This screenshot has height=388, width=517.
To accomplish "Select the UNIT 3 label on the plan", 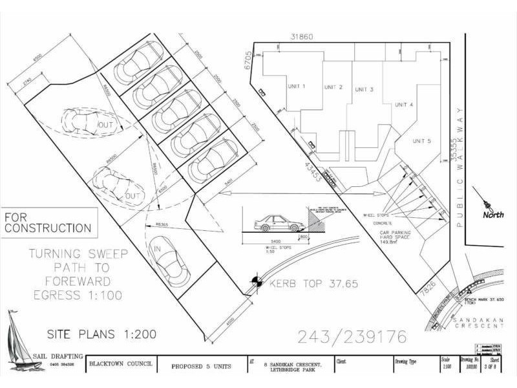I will pyautogui.click(x=363, y=89).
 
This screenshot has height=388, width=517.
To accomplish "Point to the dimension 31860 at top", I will pyautogui.click(x=302, y=37).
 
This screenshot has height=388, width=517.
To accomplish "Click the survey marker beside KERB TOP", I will pyautogui.click(x=257, y=282).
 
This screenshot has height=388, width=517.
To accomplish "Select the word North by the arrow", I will pyautogui.click(x=493, y=215).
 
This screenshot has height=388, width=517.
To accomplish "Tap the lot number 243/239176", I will pyautogui.click(x=352, y=337).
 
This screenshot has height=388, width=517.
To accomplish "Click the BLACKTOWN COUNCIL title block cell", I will pyautogui.click(x=121, y=364).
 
